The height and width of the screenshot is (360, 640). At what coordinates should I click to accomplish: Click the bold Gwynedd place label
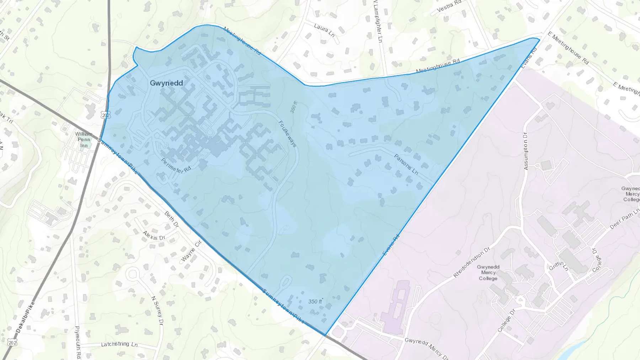[166, 83]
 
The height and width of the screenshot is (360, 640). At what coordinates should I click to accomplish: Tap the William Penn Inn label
[84, 140]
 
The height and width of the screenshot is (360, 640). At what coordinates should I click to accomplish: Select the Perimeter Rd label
[176, 166]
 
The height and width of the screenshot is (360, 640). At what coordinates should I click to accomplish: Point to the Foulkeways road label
[287, 134]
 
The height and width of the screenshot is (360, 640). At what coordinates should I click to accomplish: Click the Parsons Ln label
[406, 164]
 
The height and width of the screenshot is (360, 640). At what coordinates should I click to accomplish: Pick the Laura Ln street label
[324, 30]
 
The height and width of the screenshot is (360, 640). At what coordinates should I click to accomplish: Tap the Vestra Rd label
[449, 6]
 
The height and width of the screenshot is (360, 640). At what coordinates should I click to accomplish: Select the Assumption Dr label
[526, 151]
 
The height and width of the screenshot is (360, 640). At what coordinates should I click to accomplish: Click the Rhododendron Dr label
[471, 262]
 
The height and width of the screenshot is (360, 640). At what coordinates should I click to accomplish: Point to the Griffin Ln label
[559, 266]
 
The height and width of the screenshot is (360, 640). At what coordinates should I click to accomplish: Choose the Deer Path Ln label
[624, 219]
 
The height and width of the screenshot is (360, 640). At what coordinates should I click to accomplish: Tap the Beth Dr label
[171, 220]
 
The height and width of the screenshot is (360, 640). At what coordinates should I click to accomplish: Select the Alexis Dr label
[154, 235]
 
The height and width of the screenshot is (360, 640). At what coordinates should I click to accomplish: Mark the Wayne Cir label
[192, 251]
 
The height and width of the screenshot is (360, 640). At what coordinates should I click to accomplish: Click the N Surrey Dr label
[157, 310]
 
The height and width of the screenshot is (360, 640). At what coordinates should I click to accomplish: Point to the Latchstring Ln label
[119, 344]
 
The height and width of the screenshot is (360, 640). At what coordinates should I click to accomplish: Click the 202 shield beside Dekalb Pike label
[12, 343]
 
